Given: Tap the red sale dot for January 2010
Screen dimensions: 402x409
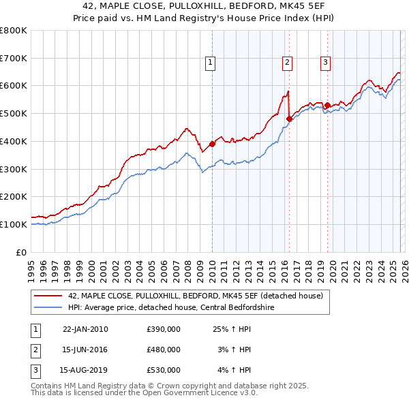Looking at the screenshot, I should click(212, 144).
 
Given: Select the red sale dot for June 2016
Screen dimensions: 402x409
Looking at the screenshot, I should click(289, 119).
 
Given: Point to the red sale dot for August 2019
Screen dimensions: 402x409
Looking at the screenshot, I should click(327, 105).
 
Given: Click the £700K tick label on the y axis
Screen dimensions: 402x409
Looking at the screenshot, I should click(14, 59).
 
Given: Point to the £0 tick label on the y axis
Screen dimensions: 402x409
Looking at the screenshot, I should click(22, 252).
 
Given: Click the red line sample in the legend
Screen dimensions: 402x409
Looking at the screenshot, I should click(48, 296).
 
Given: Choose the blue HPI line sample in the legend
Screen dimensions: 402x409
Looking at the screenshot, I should click(48, 307).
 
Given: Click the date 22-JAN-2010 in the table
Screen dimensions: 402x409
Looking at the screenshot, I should click(85, 329).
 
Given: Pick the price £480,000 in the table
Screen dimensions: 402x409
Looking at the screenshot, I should click(164, 350).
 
